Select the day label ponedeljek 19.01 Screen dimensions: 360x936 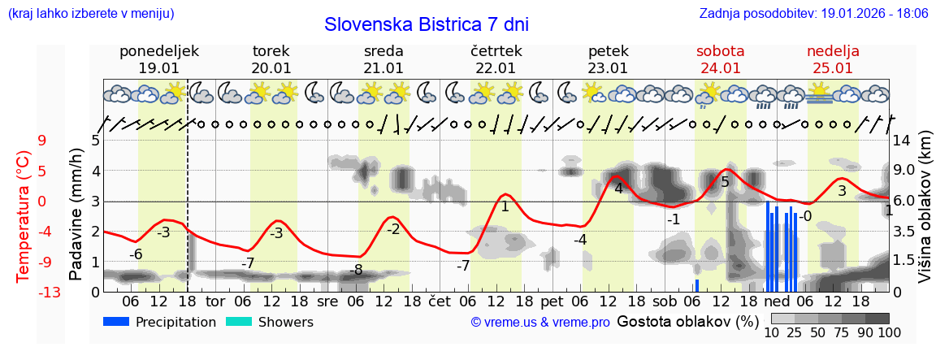[x=158, y=59]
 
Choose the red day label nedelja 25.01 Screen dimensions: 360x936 [x=833, y=59]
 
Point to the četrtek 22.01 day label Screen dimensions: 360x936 [x=496, y=59]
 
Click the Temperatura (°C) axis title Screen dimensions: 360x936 [x=24, y=216]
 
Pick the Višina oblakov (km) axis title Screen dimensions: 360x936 [x=925, y=216]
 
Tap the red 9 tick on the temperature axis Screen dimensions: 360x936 [x=42, y=141]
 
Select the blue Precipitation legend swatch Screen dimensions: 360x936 [x=116, y=322]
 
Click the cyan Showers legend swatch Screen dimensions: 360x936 [x=239, y=322]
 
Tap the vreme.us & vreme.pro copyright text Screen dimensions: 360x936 [x=540, y=323]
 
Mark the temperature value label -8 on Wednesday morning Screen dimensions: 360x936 [x=356, y=270]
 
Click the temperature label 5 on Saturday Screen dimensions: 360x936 [x=726, y=182]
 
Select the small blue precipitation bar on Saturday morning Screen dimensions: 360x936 [x=697, y=285]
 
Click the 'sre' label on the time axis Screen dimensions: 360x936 [x=327, y=301]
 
